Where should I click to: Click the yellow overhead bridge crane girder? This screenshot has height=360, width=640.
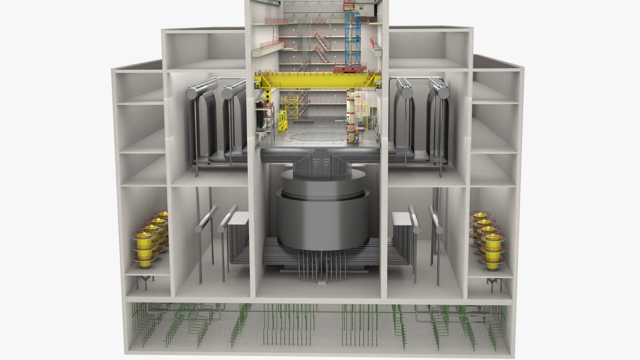[x=317, y=79]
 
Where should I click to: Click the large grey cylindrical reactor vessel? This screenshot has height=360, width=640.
[x=320, y=213]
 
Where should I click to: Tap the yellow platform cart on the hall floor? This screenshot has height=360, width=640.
[x=282, y=122]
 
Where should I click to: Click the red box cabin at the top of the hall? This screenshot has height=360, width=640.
[x=348, y=5]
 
